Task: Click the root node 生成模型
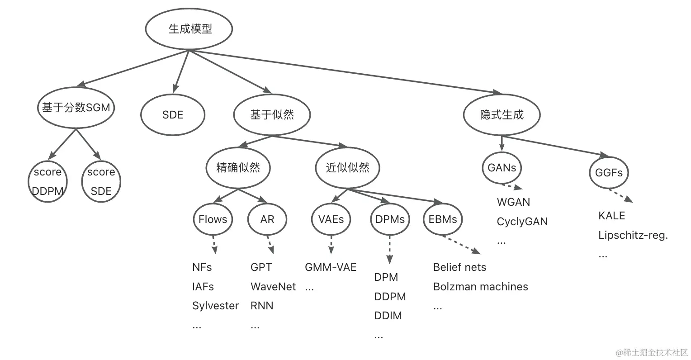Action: (x=189, y=29)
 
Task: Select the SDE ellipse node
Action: (x=172, y=115)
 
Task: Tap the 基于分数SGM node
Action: (x=76, y=108)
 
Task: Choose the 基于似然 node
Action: (x=272, y=115)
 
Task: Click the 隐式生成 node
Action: (x=502, y=115)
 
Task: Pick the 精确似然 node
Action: (x=238, y=168)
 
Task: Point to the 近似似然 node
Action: (x=347, y=168)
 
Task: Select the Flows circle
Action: (x=213, y=219)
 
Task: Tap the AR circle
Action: (x=267, y=219)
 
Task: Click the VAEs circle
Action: (x=331, y=219)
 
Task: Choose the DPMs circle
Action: (x=390, y=220)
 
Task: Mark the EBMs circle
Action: (x=443, y=220)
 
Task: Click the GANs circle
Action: (x=502, y=168)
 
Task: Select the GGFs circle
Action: (x=609, y=172)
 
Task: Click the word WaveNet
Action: (x=273, y=287)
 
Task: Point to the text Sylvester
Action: (x=215, y=306)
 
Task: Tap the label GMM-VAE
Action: (x=331, y=267)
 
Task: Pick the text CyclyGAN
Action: (x=522, y=222)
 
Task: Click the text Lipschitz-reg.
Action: (x=633, y=235)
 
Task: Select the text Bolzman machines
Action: (x=480, y=287)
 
